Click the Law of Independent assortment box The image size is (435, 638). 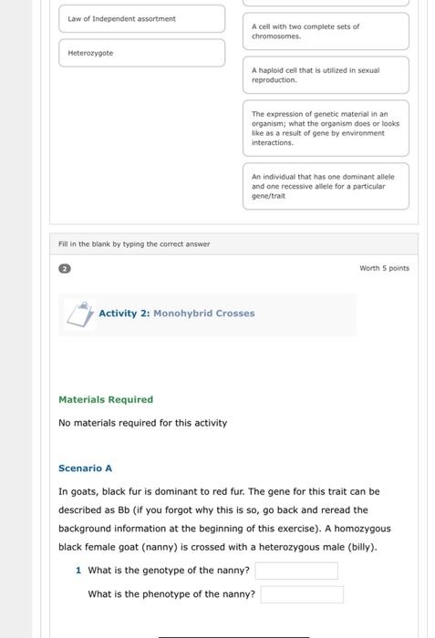pyautogui.click(x=141, y=18)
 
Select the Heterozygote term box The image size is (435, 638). pyautogui.click(x=141, y=53)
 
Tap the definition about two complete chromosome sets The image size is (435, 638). pyautogui.click(x=326, y=31)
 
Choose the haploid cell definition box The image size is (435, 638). pyautogui.click(x=326, y=75)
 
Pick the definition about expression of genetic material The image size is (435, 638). pyautogui.click(x=326, y=129)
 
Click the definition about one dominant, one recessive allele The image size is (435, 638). pyautogui.click(x=326, y=186)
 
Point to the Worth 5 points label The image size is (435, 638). pyautogui.click(x=385, y=269)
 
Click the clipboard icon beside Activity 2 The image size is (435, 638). pyautogui.click(x=79, y=314)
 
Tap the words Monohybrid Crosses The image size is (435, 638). pyautogui.click(x=203, y=314)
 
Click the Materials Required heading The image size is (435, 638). pyautogui.click(x=106, y=399)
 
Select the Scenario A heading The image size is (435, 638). pyautogui.click(x=85, y=468)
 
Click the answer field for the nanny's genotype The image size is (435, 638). pyautogui.click(x=296, y=571)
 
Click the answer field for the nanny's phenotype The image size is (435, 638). pyautogui.click(x=302, y=594)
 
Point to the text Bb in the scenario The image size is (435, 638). pyautogui.click(x=124, y=510)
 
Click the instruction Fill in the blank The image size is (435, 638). pyautogui.click(x=134, y=244)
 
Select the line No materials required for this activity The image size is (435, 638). pyautogui.click(x=142, y=423)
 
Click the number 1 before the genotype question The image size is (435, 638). pyautogui.click(x=78, y=571)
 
